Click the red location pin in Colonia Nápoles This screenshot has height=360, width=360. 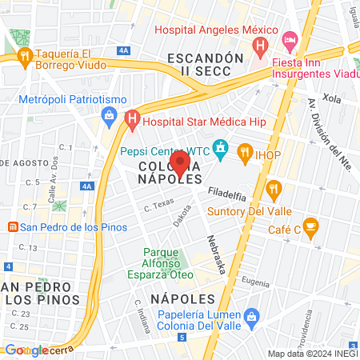pos(179,164)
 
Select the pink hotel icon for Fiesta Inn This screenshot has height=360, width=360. pos(290,38)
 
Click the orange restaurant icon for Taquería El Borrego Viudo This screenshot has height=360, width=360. pos(23,56)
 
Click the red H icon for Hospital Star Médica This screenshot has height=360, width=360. pos(132,121)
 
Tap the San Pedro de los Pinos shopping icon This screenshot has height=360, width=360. pos(11,226)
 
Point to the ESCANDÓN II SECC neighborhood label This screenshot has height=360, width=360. pos(205,65)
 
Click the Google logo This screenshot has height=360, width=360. pos(26,350)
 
